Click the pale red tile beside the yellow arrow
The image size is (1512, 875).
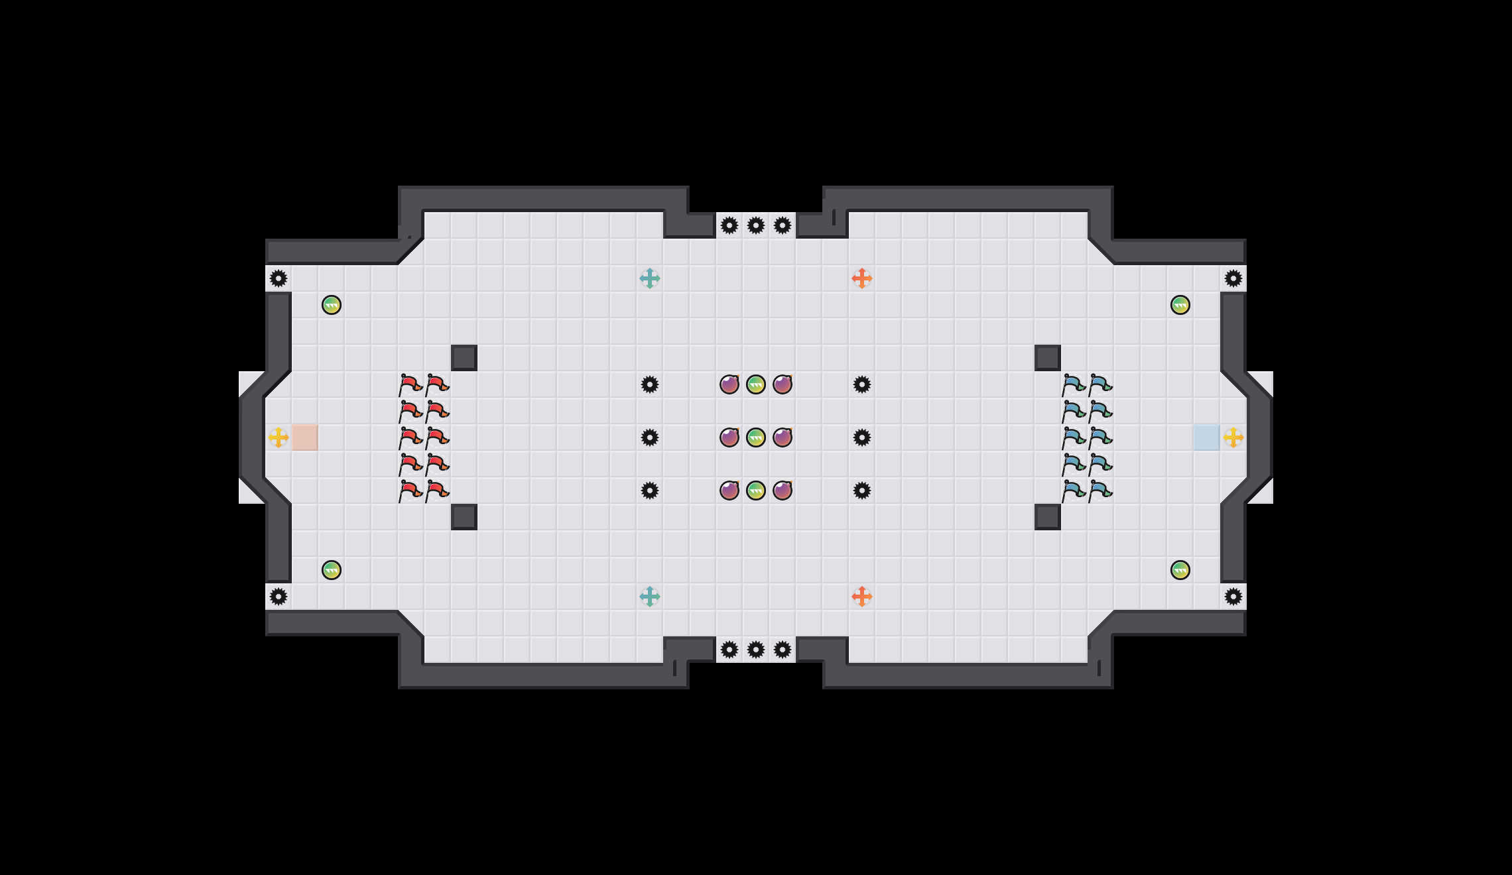[305, 437]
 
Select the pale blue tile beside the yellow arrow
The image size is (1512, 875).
[1207, 437]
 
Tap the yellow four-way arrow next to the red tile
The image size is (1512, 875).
[279, 437]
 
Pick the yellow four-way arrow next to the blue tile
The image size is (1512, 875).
[1233, 437]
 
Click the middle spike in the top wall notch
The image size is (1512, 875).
[756, 225]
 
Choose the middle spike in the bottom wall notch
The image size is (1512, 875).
[756, 650]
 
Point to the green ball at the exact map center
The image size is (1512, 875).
[756, 437]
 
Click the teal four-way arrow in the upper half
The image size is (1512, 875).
[650, 278]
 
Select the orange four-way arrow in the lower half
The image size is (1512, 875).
[862, 597]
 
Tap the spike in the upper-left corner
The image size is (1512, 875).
[279, 278]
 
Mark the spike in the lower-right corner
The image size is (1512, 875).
[1233, 597]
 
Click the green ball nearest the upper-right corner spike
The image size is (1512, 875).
[1180, 305]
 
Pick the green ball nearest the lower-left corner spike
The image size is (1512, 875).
[332, 570]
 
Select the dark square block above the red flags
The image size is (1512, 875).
[464, 358]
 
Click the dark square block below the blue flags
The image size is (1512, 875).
[1048, 517]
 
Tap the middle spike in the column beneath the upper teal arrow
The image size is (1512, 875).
[650, 437]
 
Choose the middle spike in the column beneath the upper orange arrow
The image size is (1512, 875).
[862, 437]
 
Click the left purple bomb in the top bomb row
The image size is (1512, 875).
[729, 384]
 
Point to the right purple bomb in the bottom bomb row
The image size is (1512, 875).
[783, 491]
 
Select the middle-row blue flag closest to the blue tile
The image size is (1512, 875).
[1101, 437]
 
